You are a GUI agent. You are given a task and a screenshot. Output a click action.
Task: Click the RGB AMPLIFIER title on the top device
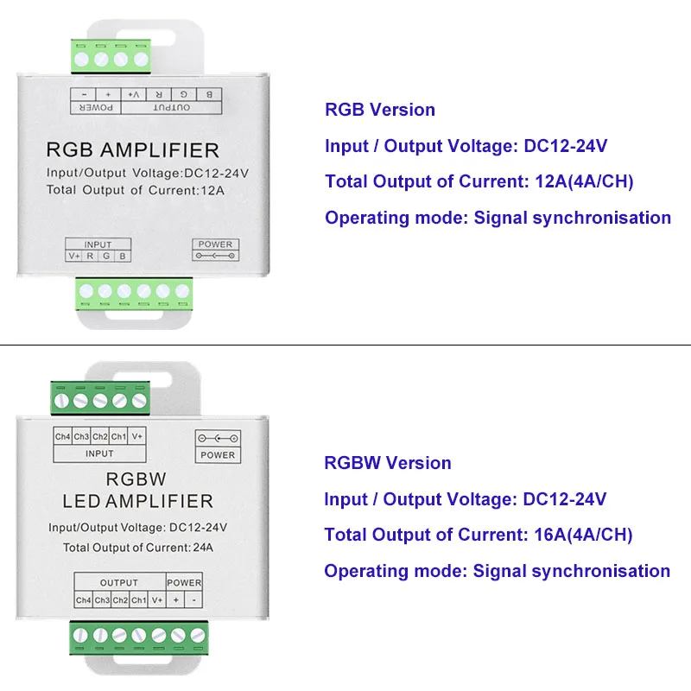132,150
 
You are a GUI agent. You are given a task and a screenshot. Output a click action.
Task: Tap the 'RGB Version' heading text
380,110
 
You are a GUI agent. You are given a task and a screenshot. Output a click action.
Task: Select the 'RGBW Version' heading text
388,463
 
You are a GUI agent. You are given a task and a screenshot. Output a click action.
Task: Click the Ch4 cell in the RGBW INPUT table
63,437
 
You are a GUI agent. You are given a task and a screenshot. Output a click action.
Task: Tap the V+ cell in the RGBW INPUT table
136,437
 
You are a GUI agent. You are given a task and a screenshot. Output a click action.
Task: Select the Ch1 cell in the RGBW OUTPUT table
139,600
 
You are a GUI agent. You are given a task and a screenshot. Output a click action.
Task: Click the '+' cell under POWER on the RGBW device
175,600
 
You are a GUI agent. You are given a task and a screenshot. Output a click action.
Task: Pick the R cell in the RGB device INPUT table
91,257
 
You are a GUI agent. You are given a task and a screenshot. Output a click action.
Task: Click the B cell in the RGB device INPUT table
123,257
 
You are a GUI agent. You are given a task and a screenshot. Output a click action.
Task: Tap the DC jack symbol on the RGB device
215,257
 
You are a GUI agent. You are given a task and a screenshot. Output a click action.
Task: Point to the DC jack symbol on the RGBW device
218,437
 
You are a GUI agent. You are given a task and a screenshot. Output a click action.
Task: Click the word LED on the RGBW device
82,501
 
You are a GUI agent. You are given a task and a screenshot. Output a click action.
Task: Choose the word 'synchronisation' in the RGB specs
602,218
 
